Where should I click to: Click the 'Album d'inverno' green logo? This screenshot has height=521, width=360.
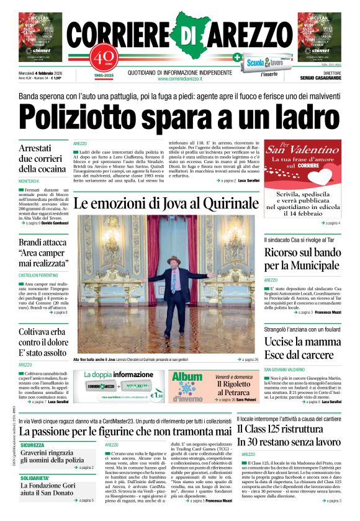point(187,386)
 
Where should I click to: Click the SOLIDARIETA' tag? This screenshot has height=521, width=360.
point(35,478)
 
